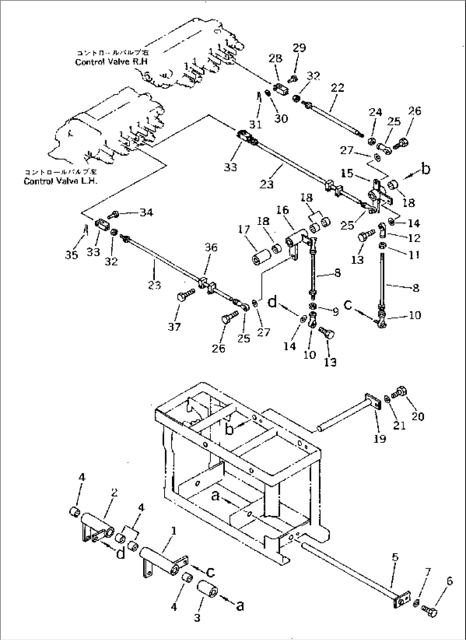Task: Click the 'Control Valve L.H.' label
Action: click(60, 181)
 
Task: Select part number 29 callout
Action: click(299, 47)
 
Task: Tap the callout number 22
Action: click(337, 88)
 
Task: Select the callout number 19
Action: click(379, 438)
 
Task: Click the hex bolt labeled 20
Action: click(401, 391)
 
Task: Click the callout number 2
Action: click(114, 493)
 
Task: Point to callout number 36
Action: click(211, 248)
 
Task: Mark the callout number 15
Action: click(348, 173)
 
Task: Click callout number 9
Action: click(335, 312)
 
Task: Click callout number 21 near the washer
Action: click(399, 426)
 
